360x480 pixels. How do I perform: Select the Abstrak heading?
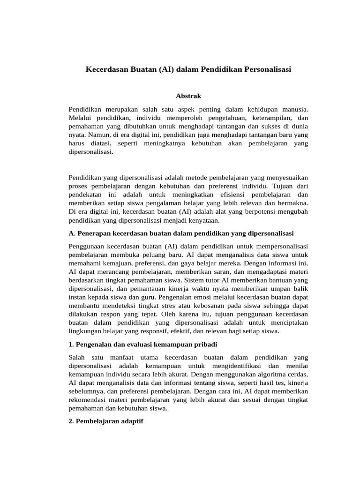(188, 96)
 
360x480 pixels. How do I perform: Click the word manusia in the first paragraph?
(294, 109)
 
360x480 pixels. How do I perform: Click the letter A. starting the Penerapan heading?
(72, 233)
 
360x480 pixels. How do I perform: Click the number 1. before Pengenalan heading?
(71, 345)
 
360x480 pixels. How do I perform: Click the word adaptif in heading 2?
(130, 421)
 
